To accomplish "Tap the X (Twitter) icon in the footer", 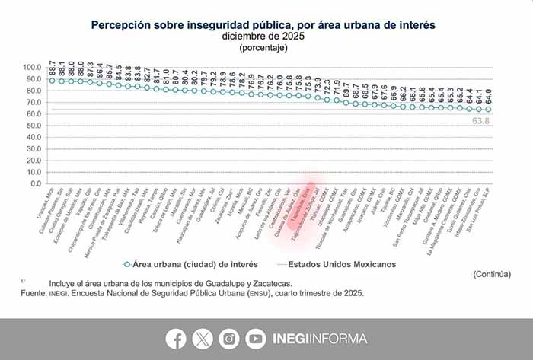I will (203, 338).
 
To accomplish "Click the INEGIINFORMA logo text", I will (321, 338).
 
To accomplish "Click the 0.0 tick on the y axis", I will (37, 183).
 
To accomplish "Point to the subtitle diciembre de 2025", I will (263, 36).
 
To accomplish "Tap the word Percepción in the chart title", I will (119, 25).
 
